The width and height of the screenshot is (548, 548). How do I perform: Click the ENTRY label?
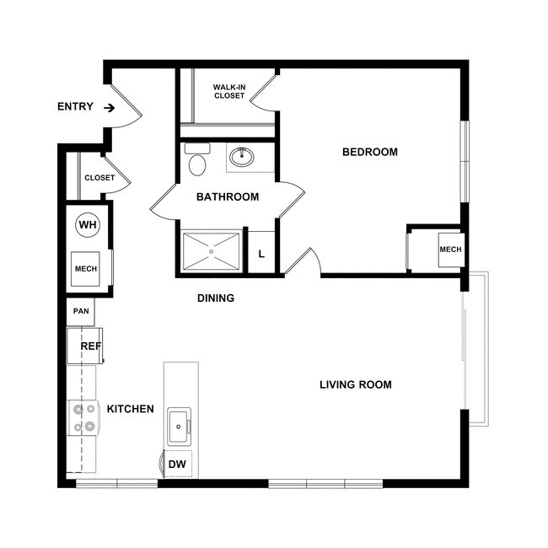[x=74, y=107]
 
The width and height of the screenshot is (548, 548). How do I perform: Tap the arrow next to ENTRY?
[x=110, y=107]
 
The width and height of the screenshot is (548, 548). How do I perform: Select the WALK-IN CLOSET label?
[x=228, y=91]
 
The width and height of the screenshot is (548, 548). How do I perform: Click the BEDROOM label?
[x=369, y=153]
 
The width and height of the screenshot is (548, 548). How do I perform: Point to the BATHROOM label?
[x=228, y=197]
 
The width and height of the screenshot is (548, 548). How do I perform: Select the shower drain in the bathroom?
[x=212, y=250]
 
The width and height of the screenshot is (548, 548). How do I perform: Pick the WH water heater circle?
[x=87, y=225]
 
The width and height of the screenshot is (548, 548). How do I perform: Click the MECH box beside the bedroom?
[x=449, y=250]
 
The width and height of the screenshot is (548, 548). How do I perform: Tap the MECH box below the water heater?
[x=86, y=269]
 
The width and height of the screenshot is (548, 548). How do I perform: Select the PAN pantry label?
[x=81, y=311]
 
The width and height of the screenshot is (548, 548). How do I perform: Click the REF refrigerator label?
[x=90, y=347]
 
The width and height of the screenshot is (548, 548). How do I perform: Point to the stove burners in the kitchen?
[x=84, y=417]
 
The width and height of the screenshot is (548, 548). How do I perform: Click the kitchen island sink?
[x=180, y=427]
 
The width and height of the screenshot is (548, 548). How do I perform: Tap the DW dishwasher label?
[x=177, y=464]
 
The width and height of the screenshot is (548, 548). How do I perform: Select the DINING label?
[x=216, y=298]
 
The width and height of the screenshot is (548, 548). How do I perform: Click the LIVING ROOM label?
[x=356, y=385]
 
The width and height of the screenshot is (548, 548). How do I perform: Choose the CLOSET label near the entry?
[x=99, y=178]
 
